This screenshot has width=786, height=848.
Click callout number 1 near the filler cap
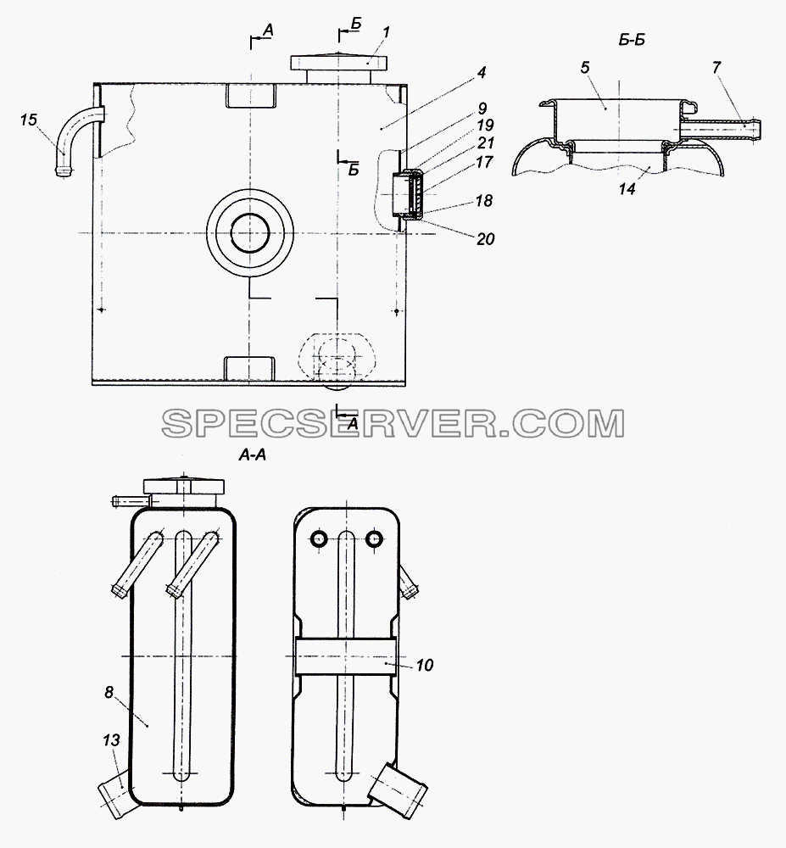pyautogui.click(x=386, y=33)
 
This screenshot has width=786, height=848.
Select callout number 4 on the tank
pyautogui.click(x=482, y=72)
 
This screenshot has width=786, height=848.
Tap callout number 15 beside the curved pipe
pyautogui.click(x=29, y=120)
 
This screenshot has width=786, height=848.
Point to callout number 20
pyautogui.click(x=486, y=238)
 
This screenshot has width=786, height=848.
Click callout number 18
pyautogui.click(x=484, y=201)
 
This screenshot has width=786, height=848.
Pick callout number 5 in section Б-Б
pyautogui.click(x=585, y=68)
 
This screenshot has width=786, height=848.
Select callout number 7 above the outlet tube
pyautogui.click(x=716, y=68)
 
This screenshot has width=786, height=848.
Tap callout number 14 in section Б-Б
pyautogui.click(x=627, y=189)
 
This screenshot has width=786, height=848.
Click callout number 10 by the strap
pyautogui.click(x=425, y=665)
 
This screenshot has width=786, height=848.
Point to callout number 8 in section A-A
pyautogui.click(x=109, y=692)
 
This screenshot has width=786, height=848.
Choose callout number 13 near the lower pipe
pyautogui.click(x=111, y=739)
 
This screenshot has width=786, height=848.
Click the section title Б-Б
pyautogui.click(x=632, y=41)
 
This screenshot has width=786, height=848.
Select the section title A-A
pyautogui.click(x=253, y=455)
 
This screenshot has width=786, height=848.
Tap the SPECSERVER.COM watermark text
pyautogui.click(x=393, y=423)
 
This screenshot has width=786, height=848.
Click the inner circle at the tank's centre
pyautogui.click(x=250, y=232)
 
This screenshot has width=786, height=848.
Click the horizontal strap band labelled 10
pyautogui.click(x=345, y=656)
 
